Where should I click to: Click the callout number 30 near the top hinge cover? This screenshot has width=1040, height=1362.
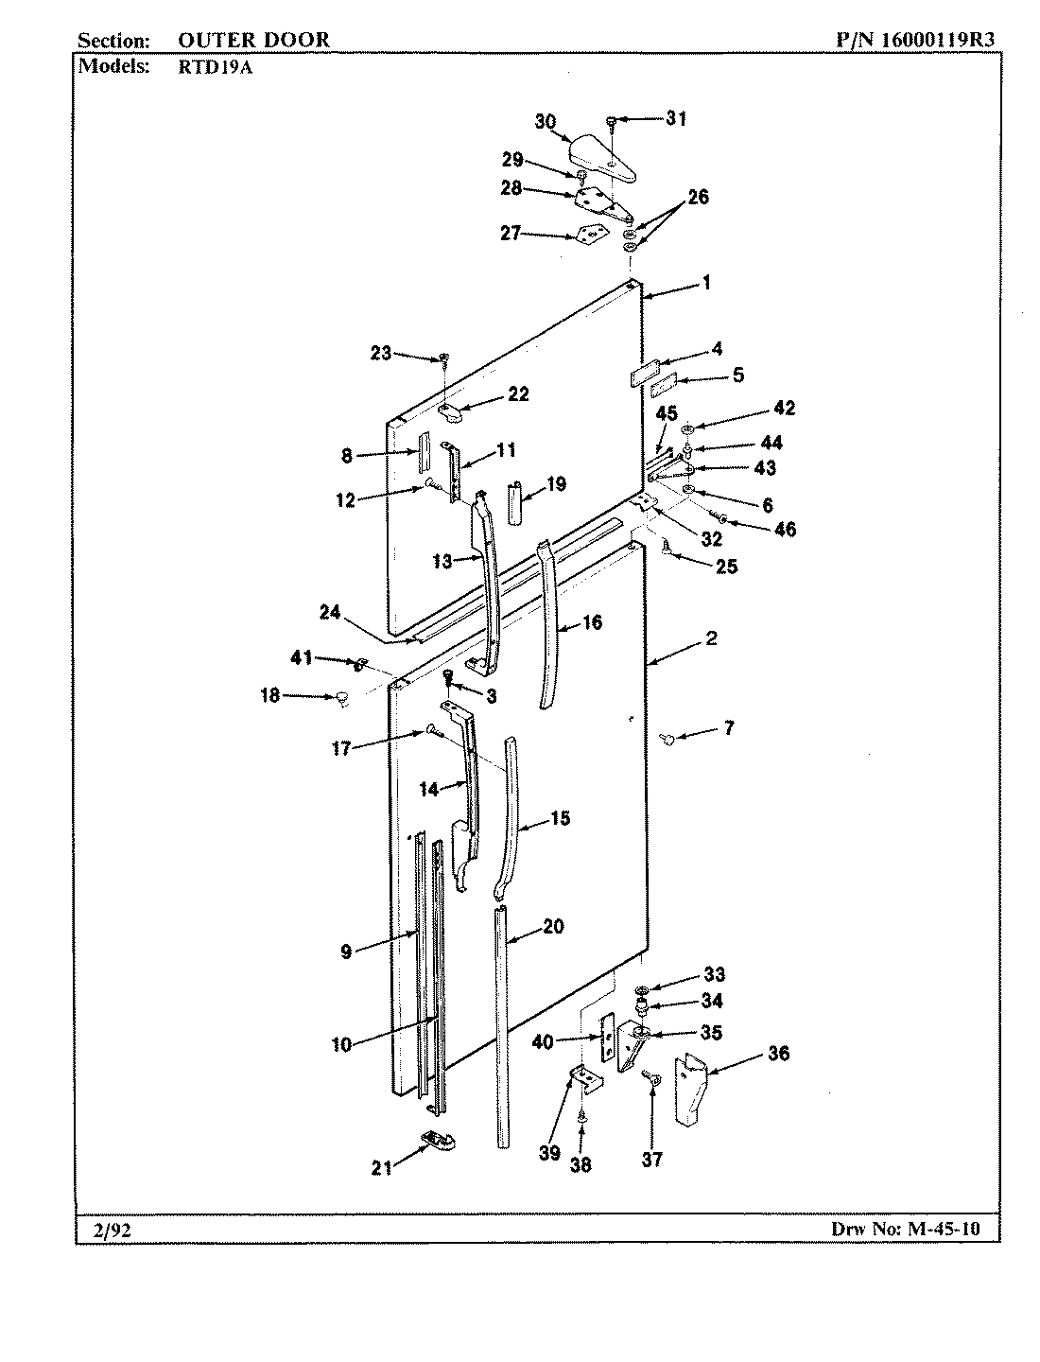(x=546, y=121)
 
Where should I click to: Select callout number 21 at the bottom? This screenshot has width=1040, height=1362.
(x=381, y=1168)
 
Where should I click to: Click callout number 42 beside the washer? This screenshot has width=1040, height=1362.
(x=784, y=409)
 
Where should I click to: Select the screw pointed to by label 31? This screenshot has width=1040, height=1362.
(x=613, y=120)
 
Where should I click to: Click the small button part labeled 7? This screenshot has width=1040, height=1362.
(x=668, y=739)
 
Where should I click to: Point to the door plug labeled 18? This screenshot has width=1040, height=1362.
(x=341, y=699)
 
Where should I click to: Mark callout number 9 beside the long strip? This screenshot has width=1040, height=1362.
(x=347, y=952)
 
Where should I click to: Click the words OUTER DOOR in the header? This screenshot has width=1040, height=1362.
(x=253, y=40)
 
